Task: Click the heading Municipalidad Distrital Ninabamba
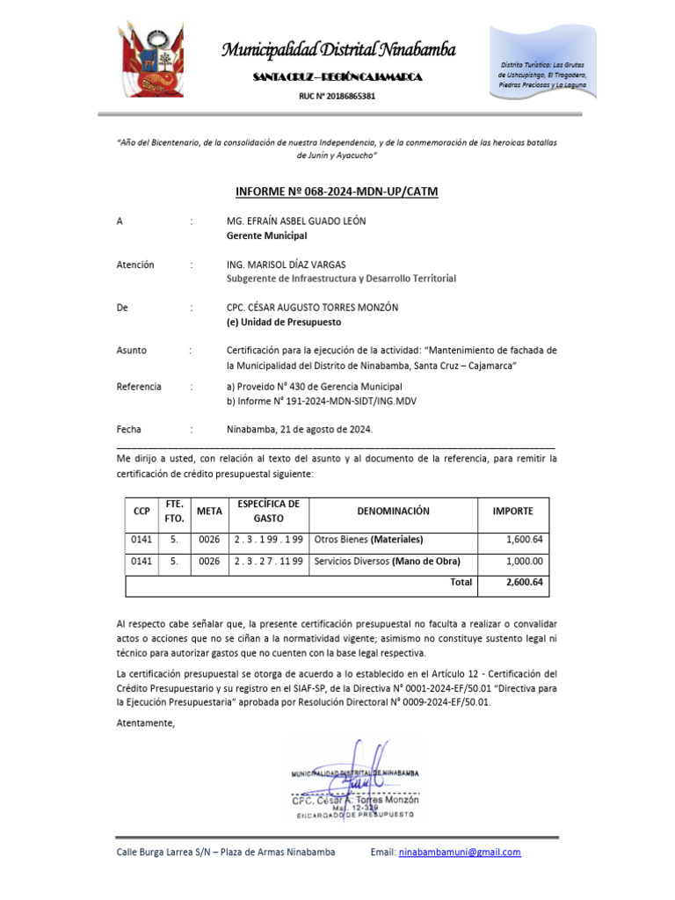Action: click(337, 49)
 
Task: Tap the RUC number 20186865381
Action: click(337, 95)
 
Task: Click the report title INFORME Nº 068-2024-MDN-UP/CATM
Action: click(337, 192)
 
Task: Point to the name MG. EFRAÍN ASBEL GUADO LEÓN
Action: click(296, 221)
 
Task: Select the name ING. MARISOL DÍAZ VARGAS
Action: click(287, 265)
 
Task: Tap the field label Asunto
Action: click(132, 350)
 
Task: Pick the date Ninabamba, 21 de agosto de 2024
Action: click(300, 430)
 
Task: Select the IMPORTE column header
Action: click(512, 511)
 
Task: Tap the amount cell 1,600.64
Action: click(525, 540)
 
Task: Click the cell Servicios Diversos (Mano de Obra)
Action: click(387, 561)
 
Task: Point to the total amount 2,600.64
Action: click(525, 582)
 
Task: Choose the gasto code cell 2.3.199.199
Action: click(267, 540)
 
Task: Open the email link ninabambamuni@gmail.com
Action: click(459, 853)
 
